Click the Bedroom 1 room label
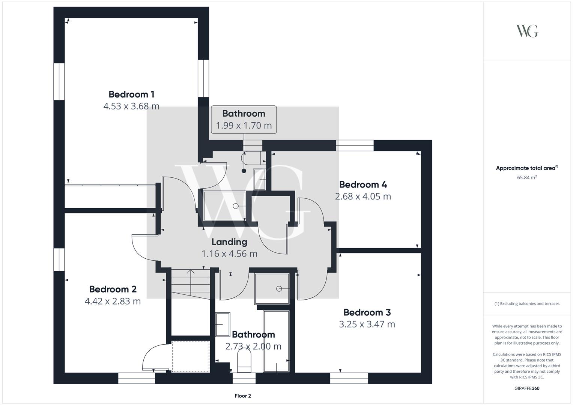point(131,94)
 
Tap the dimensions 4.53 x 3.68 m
point(131,106)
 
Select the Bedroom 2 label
point(113,289)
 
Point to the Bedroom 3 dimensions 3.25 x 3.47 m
point(367,324)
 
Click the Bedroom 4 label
point(363,184)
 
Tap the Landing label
point(229,242)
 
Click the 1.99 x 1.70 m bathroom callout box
point(244,119)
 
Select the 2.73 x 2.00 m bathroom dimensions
point(253,346)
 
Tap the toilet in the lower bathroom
point(244,361)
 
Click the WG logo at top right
point(527,31)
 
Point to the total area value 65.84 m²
point(527,177)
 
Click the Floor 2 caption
point(243,396)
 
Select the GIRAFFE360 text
point(527,388)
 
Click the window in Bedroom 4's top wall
point(355,145)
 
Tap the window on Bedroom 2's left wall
point(59,259)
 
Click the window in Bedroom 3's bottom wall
point(349,378)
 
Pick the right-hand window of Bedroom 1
point(203,78)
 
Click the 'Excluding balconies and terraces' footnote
point(527,304)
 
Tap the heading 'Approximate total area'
point(526,168)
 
